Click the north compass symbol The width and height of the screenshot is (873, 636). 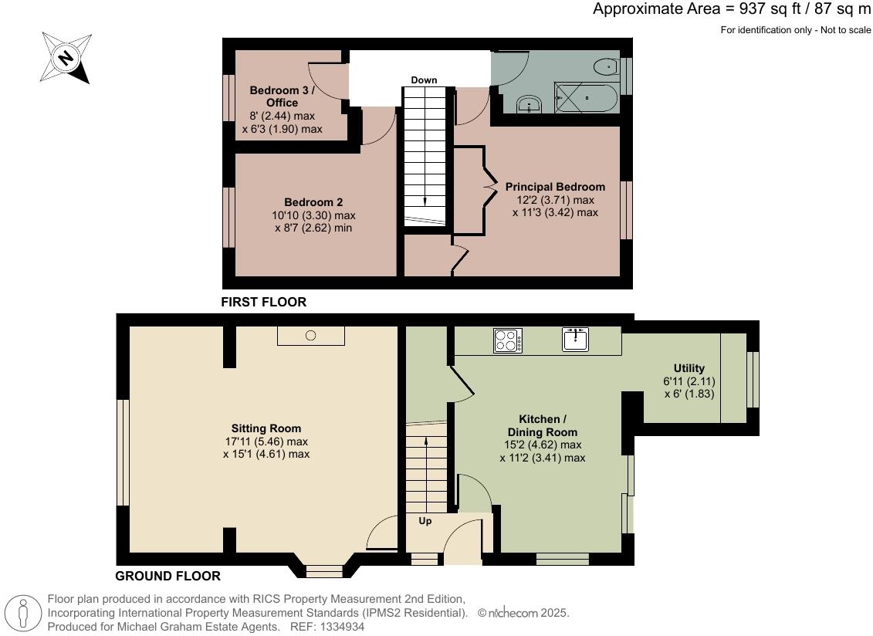click(66, 57)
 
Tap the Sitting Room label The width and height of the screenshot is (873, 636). click(266, 428)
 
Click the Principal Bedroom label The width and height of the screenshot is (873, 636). click(555, 187)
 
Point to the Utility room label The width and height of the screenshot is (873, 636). click(689, 368)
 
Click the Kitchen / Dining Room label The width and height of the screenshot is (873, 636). click(542, 425)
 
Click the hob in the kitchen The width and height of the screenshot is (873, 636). click(508, 340)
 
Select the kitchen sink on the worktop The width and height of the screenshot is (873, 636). click(576, 339)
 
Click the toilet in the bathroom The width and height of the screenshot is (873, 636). click(607, 68)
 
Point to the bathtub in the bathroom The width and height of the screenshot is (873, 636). click(586, 99)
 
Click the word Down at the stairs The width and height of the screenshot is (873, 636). click(424, 80)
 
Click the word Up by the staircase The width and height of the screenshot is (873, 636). click(425, 521)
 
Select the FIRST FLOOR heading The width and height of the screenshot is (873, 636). click(263, 303)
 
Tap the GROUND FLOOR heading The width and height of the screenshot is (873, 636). click(167, 576)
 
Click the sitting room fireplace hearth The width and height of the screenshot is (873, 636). click(310, 336)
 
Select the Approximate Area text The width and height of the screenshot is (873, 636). click(731, 9)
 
